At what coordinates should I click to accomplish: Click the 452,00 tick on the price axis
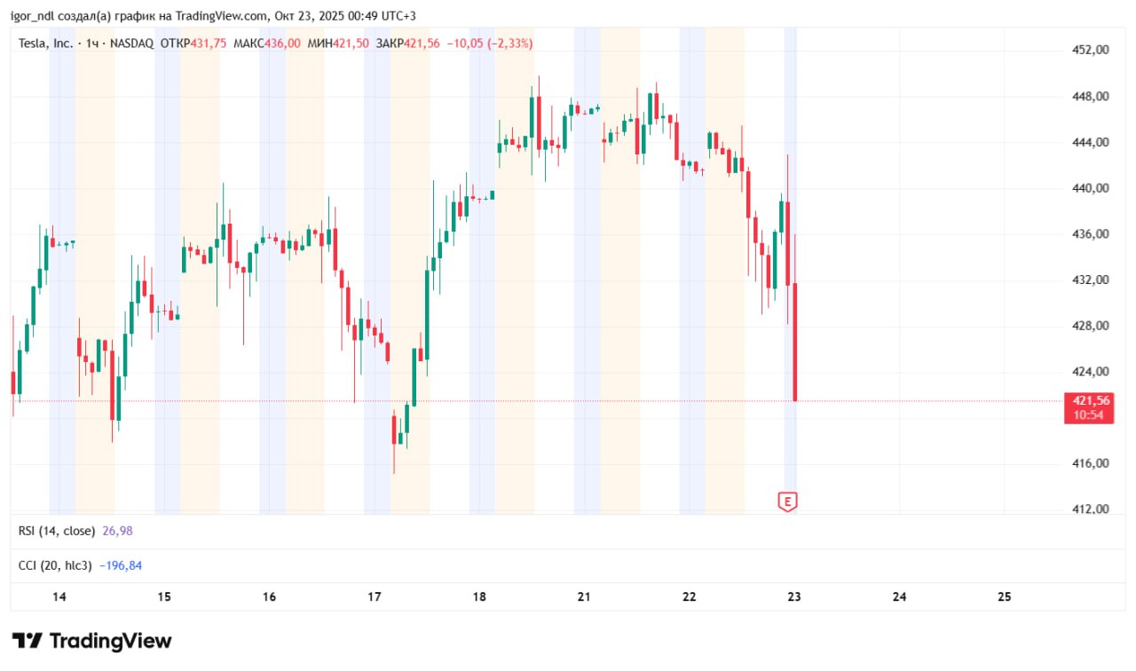(1091, 50)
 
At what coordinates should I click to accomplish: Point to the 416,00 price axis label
(1091, 463)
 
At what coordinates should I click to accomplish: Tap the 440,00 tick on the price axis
(1091, 188)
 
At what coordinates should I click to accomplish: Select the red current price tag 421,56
(1091, 400)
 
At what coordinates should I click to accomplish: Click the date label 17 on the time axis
(375, 596)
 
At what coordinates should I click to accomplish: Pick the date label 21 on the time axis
(584, 596)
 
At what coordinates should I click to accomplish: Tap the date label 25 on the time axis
(1005, 596)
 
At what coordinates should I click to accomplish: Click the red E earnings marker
(787, 501)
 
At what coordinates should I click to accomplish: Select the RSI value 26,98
(117, 531)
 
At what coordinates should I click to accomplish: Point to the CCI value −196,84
(120, 565)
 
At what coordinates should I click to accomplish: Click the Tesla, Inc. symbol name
(46, 43)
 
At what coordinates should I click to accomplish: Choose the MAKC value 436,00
(282, 43)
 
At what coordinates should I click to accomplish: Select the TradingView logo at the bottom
(92, 641)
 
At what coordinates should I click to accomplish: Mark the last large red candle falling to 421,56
(795, 342)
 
